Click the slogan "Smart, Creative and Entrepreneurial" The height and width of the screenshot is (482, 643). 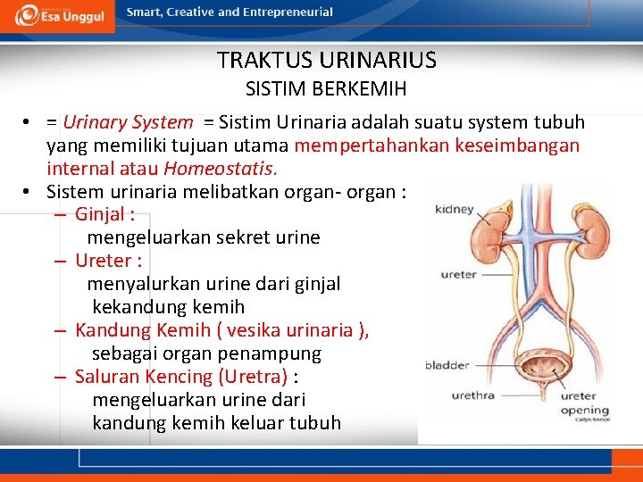point(230,12)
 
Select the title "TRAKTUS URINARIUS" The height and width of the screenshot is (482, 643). point(326,61)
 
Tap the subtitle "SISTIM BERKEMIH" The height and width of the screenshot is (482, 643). point(326,89)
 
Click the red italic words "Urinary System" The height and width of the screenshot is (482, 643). point(128,122)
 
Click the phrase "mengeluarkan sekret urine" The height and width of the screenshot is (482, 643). point(204,237)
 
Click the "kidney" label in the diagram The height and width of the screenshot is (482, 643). point(454,210)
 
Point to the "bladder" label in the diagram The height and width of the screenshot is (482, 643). point(447,365)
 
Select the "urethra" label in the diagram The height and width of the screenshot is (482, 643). point(472,395)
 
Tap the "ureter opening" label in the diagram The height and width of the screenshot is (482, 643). point(584,403)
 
